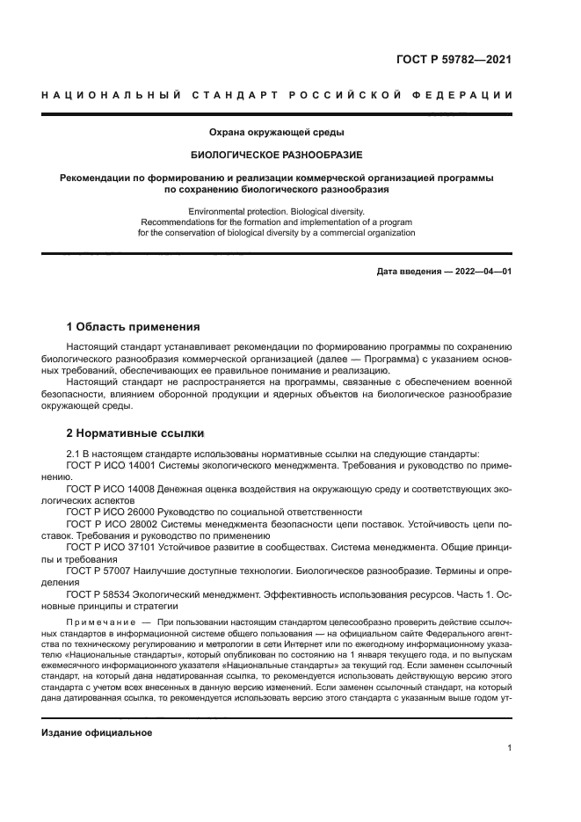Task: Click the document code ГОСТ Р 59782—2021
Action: (454, 61)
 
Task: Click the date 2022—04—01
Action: (483, 272)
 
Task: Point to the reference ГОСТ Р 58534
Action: (96, 594)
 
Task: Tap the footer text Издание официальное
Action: (98, 732)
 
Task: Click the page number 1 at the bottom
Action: (509, 748)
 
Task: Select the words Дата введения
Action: (409, 272)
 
